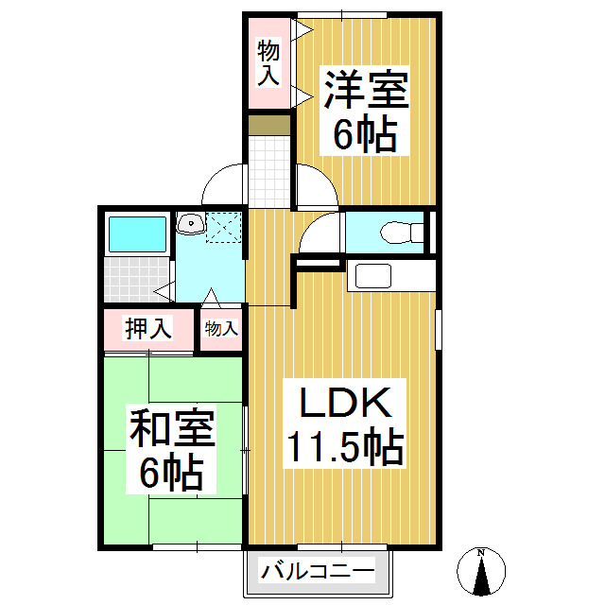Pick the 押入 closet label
148,329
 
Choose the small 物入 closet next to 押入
221,329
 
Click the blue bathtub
136,233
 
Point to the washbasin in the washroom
191,224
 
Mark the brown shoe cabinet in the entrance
269,125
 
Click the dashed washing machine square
224,227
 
